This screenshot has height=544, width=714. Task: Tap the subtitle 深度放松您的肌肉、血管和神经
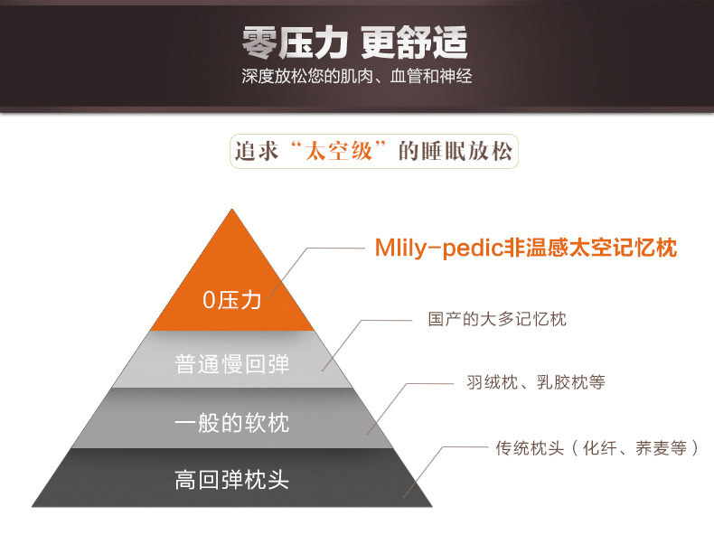[356, 76]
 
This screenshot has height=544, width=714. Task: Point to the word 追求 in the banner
[255, 152]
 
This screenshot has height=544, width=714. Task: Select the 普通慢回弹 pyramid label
[232, 363]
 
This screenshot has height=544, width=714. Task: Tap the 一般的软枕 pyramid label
[232, 422]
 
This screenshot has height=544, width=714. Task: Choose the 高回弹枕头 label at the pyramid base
[232, 479]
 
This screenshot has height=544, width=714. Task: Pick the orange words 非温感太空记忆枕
[589, 248]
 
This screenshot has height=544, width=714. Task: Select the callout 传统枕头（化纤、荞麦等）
[597, 447]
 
